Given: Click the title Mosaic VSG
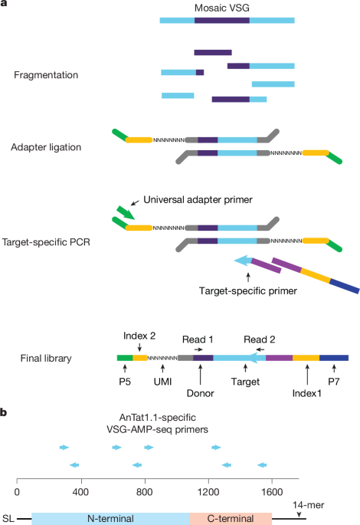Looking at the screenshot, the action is coord(222,8).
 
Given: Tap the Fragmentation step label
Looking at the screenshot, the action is coord(46,75).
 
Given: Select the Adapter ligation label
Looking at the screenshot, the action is coord(46,147).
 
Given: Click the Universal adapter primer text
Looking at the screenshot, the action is coord(198,200).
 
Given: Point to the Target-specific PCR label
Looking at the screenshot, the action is coord(46,242).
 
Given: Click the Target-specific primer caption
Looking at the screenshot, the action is coord(248,291).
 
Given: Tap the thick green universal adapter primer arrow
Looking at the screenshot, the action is coord(126,213).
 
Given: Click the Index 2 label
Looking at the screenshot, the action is coord(139,336).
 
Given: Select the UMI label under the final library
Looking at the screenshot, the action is coord(162,382).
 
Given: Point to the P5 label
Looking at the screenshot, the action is coord(125,382).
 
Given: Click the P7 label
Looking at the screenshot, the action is coord(333,382).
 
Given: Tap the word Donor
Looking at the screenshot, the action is coord(200,393).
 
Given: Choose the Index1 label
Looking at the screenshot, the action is coord(307,393).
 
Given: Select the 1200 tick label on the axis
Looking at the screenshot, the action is coord(208,492).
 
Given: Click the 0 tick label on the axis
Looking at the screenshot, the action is coord(17,492).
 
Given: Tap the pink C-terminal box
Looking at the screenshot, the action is coord(231,518).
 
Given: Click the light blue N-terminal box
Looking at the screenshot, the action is coord(110,518).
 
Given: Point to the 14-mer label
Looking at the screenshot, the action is coord(309,505).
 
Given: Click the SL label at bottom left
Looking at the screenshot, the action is coord(8,519).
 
